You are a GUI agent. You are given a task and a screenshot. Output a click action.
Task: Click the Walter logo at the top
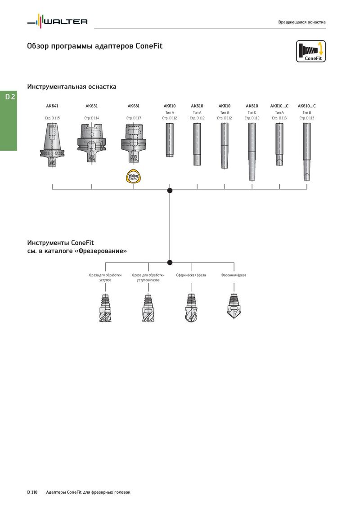point(57,22)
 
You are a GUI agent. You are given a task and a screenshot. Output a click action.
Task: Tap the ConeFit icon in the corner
point(310,51)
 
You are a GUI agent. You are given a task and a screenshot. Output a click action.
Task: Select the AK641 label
point(52,106)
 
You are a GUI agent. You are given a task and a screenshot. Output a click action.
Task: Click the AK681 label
point(134,106)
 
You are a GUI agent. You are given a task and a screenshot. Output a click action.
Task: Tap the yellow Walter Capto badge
point(134,177)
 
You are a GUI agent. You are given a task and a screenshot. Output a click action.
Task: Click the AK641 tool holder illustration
point(52,145)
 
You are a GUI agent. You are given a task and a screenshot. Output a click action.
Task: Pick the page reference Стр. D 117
point(134,118)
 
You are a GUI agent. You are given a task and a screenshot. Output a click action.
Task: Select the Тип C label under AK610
point(252,113)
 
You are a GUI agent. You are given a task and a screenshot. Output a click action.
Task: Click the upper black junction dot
point(170,191)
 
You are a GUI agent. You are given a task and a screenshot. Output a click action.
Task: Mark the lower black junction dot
point(170,262)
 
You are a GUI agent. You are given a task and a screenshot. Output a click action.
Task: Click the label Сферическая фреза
point(191,275)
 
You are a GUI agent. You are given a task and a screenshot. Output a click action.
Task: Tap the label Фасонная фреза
point(234,275)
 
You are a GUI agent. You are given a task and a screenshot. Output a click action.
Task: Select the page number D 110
point(32,492)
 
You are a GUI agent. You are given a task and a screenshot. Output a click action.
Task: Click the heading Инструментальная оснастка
point(72,87)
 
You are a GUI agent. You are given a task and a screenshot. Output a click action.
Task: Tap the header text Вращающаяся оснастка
point(302,22)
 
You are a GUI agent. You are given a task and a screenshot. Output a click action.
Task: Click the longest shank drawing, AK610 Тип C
point(252,152)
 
